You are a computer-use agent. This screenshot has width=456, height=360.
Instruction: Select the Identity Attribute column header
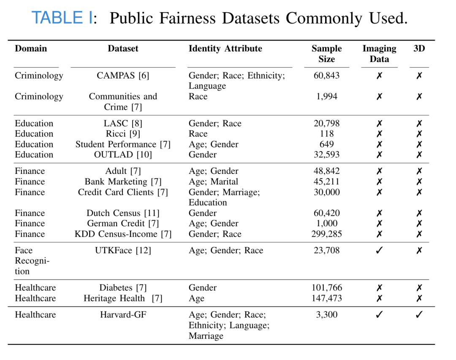coord(225,49)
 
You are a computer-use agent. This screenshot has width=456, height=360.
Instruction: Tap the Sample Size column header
coord(326,54)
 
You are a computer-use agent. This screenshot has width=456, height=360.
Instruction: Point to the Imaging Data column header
coord(379,54)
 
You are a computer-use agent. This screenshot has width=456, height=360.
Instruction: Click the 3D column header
coord(419,49)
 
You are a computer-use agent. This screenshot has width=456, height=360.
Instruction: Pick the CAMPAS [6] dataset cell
coord(123,76)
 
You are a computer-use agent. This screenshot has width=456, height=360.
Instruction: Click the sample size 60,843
coord(326,76)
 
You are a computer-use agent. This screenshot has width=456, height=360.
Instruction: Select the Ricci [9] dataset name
coord(123,134)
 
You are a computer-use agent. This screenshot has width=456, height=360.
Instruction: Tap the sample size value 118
coord(326,134)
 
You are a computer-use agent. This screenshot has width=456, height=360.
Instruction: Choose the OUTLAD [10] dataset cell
coord(123,154)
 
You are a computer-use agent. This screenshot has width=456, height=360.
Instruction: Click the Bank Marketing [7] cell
coord(123,182)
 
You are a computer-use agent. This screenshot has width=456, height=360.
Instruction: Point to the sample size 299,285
coord(326,234)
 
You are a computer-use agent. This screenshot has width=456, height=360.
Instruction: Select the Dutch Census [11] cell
coord(123,213)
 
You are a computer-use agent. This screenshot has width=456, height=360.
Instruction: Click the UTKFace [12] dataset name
coord(123,250)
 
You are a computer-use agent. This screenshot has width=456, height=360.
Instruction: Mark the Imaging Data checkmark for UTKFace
coord(379,250)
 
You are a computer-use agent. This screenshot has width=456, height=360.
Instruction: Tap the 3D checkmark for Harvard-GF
coord(419,315)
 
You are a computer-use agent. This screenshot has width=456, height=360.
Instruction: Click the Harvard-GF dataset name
coord(123,315)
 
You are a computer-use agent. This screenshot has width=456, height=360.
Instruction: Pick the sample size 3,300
coord(326,315)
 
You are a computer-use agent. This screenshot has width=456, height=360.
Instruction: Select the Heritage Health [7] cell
coord(123,298)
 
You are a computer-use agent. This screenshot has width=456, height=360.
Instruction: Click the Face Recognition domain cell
coord(32,261)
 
